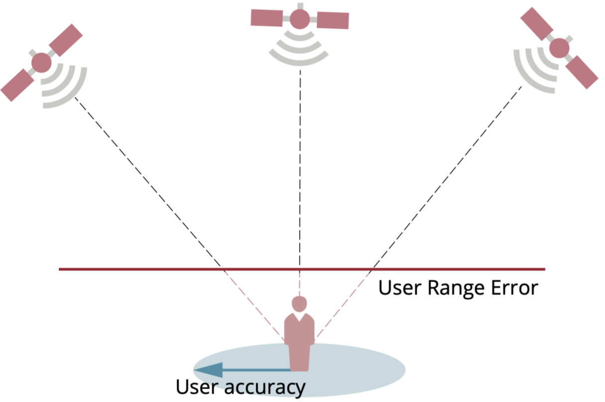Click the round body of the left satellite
tap(41, 63)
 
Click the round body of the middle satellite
tap(300, 19)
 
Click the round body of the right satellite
tap(559, 48)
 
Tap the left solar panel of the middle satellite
tap(267, 18)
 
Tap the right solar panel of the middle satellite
tap(333, 20)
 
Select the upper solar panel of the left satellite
tap(66, 40)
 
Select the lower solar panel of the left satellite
tap(17, 85)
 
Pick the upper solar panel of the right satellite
tap(537, 24)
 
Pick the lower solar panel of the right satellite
tap(582, 72)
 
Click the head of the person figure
tap(299, 304)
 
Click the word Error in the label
tap(514, 288)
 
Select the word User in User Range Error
tap(400, 288)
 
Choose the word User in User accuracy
tap(197, 387)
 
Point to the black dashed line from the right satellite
tap(448, 177)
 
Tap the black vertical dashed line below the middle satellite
tap(300, 169)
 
